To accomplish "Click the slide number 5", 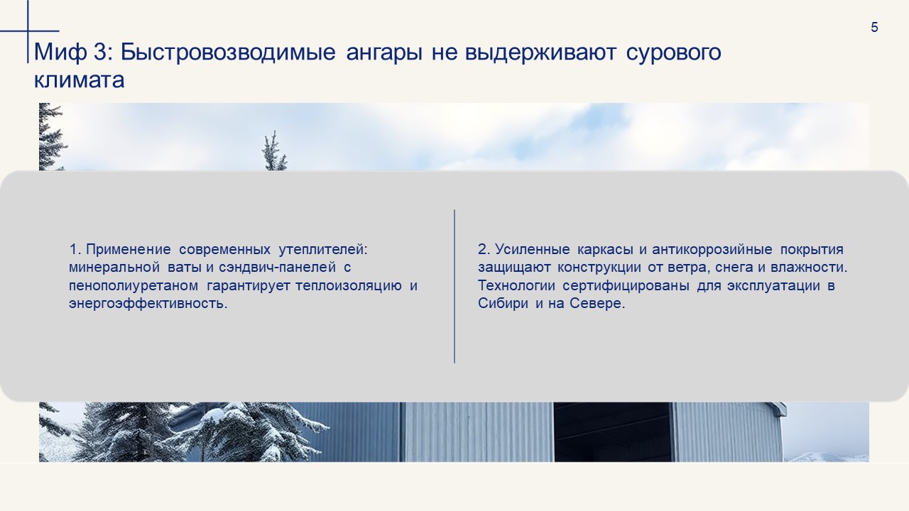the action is (874, 27).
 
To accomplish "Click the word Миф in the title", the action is (60, 52).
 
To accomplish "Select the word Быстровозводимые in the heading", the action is (228, 52).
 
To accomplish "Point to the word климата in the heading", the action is (79, 79).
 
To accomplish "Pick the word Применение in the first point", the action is (129, 249).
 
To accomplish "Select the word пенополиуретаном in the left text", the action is (134, 285).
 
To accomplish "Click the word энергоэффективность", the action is (148, 303).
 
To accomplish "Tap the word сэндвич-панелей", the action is (277, 268).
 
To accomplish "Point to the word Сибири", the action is (503, 303).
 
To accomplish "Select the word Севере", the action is (597, 303).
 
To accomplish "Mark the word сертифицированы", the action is (626, 285).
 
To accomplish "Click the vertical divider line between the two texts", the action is (454, 286).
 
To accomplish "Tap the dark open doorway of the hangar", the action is (612, 432).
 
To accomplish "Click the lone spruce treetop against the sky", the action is (274, 151).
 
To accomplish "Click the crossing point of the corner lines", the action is (28, 31).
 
